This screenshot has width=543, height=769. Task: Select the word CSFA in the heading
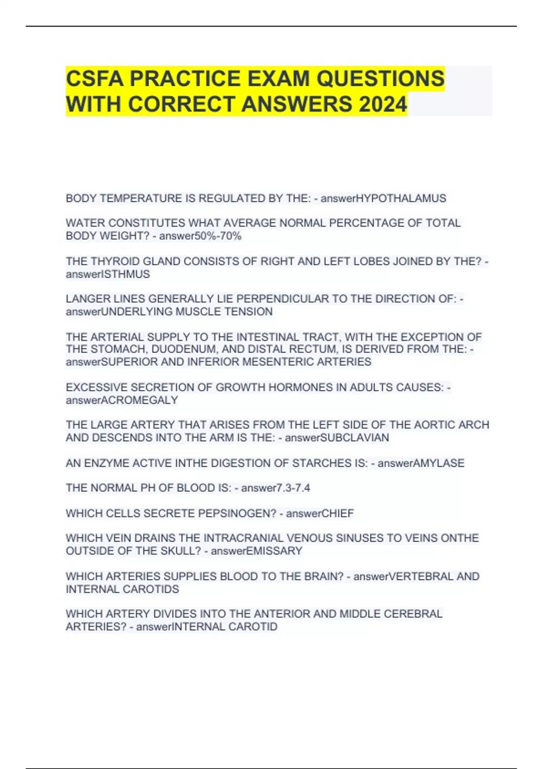95,79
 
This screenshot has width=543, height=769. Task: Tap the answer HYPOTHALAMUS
401,199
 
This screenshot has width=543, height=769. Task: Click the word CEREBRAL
413,614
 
